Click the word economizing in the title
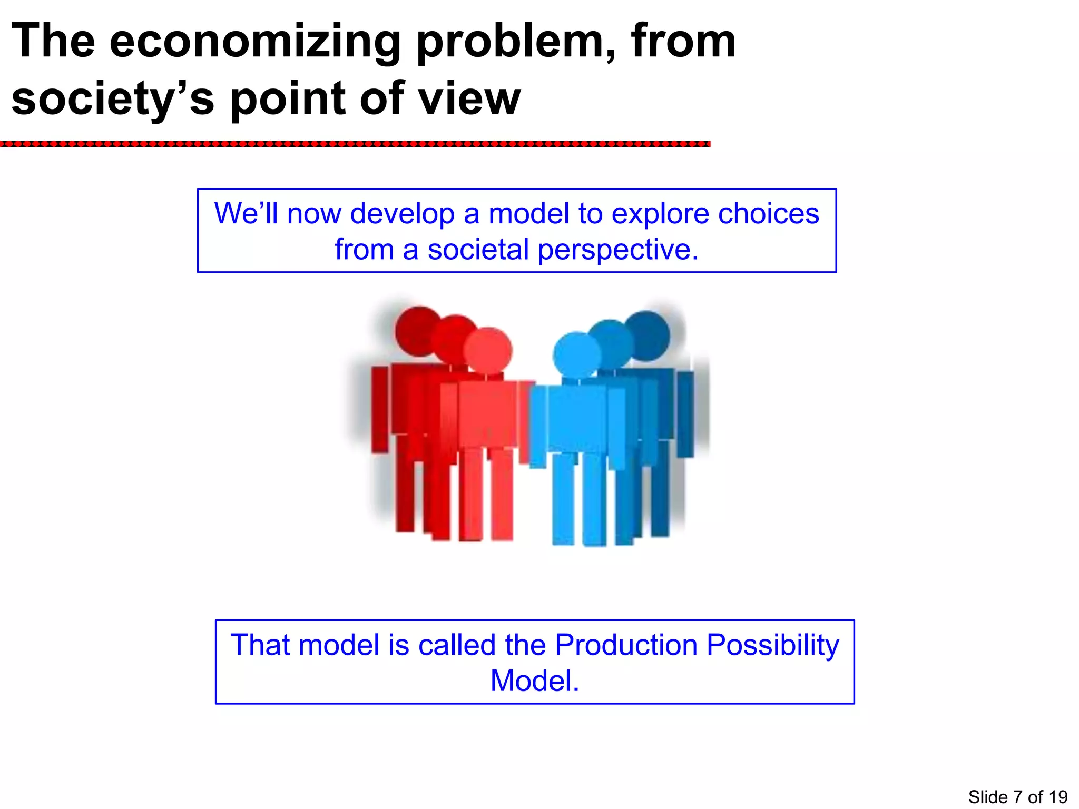(256, 42)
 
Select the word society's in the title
(113, 100)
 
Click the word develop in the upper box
(402, 214)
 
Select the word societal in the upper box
(478, 250)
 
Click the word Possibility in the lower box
(772, 645)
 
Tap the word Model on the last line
(534, 680)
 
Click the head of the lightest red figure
(488, 351)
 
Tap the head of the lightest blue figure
(577, 354)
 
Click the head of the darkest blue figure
(647, 335)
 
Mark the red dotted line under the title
(355, 144)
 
